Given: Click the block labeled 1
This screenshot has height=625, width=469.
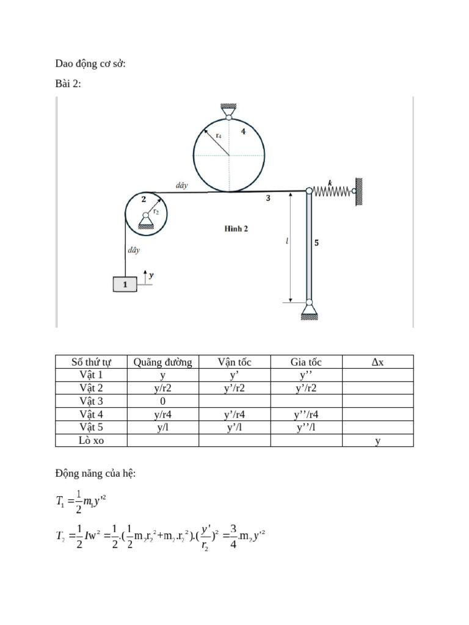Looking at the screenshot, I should (125, 284).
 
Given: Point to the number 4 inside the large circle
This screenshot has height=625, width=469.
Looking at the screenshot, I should (243, 131).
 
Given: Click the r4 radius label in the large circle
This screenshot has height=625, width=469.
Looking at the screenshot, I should (218, 135).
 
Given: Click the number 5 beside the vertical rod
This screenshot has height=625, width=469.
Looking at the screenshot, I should (316, 242).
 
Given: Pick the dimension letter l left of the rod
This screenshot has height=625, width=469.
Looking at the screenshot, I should (287, 241).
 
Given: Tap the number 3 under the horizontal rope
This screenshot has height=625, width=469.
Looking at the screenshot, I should (268, 198).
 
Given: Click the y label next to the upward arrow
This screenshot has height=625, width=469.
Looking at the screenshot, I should (151, 275).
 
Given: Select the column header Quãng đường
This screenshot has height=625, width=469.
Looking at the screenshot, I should (163, 362).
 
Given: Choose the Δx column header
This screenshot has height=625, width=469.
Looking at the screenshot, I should (377, 362).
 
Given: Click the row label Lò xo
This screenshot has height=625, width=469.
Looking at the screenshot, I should (92, 441).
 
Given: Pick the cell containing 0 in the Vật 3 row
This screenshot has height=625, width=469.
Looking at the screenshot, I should (163, 402).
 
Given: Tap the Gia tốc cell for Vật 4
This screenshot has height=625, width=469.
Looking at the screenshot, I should (306, 414).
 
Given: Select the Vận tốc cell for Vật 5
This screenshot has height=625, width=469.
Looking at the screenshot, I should (234, 427).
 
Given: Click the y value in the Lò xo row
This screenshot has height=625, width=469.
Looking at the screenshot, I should (377, 441).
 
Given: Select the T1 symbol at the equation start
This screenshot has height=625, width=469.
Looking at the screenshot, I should (60, 502).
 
